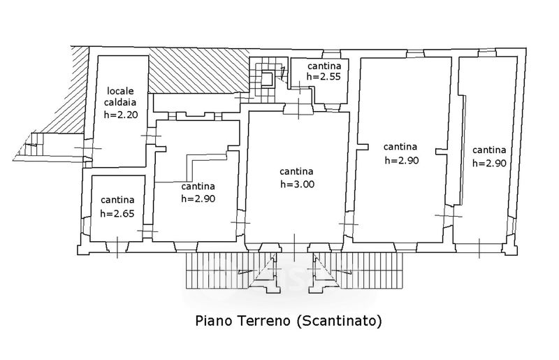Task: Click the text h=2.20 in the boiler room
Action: point(121,115)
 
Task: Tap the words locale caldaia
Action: point(120,96)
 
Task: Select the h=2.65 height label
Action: point(117,213)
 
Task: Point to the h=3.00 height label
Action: point(298,184)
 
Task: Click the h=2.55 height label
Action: point(324,76)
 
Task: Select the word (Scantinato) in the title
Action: point(339,321)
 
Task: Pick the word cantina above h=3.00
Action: point(296,171)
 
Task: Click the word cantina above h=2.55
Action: point(324,66)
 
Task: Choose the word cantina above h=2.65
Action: point(117,200)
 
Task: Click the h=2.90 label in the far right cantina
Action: point(490,163)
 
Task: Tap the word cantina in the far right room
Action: point(489,150)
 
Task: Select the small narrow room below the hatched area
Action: point(196,103)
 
